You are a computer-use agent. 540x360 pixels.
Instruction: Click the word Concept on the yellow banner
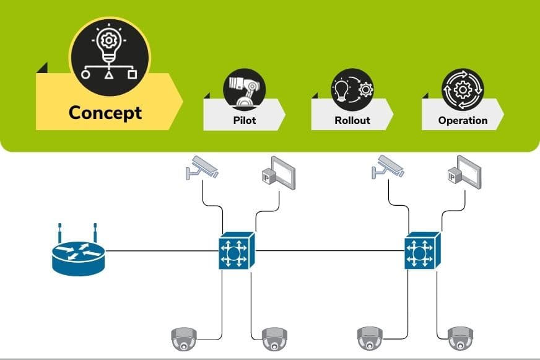pyautogui.click(x=105, y=112)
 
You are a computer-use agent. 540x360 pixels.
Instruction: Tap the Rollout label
pyautogui.click(x=352, y=120)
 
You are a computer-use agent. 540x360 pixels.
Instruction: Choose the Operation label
pyautogui.click(x=463, y=120)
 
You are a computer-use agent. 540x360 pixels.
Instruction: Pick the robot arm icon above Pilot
pyautogui.click(x=244, y=89)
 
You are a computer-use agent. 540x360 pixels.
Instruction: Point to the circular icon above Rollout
pyautogui.click(x=352, y=89)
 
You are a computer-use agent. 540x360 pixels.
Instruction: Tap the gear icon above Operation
pyautogui.click(x=463, y=89)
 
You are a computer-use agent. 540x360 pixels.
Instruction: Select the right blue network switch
pyautogui.click(x=422, y=251)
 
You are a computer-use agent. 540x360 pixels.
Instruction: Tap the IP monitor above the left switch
pyautogui.click(x=278, y=172)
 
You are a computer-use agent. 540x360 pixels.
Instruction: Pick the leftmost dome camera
pyautogui.click(x=183, y=338)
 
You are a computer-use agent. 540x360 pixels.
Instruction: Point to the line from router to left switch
pyautogui.click(x=161, y=251)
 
